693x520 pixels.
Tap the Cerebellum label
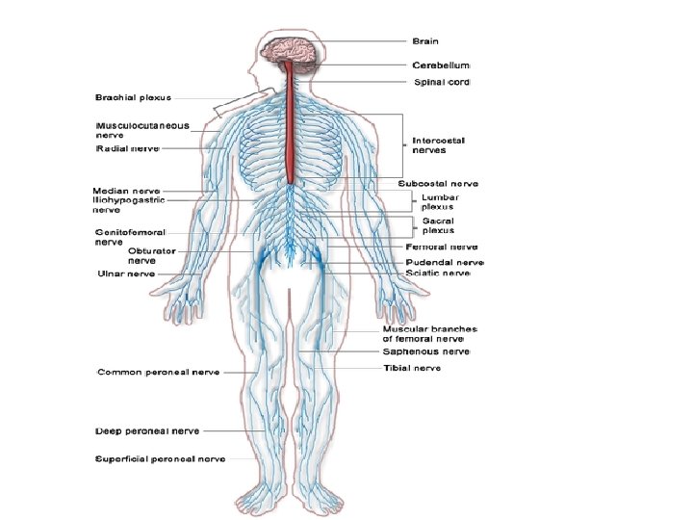[441, 65]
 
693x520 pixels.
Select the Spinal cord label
[442, 83]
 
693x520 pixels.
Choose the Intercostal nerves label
[439, 145]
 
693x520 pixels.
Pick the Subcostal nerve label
[438, 183]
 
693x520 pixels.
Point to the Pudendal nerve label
[444, 261]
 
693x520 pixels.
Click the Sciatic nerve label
[438, 273]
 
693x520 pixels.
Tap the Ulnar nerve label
[125, 273]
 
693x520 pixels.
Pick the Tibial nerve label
[412, 368]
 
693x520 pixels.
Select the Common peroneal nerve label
[159, 372]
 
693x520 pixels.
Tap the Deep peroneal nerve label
[147, 430]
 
